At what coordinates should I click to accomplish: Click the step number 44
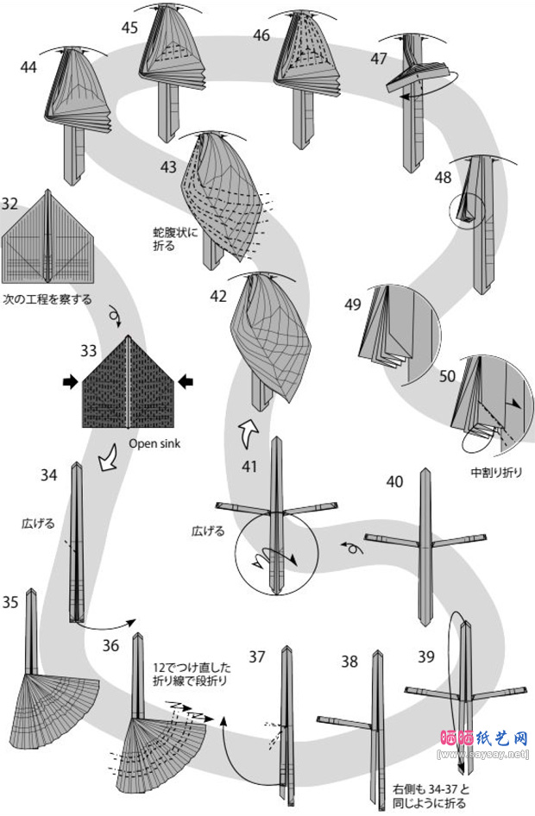pyautogui.click(x=28, y=66)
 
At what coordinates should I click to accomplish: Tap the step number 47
pyautogui.click(x=379, y=58)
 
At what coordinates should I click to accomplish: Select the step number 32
pyautogui.click(x=10, y=204)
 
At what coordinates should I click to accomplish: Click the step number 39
pyautogui.click(x=426, y=658)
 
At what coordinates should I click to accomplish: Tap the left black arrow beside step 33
pyautogui.click(x=70, y=382)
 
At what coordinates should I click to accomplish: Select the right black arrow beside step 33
pyautogui.click(x=186, y=382)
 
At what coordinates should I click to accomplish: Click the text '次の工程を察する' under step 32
pyautogui.click(x=47, y=300)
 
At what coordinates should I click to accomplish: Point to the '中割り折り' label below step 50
pyautogui.click(x=495, y=472)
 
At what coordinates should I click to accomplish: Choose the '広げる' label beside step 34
pyautogui.click(x=38, y=523)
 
